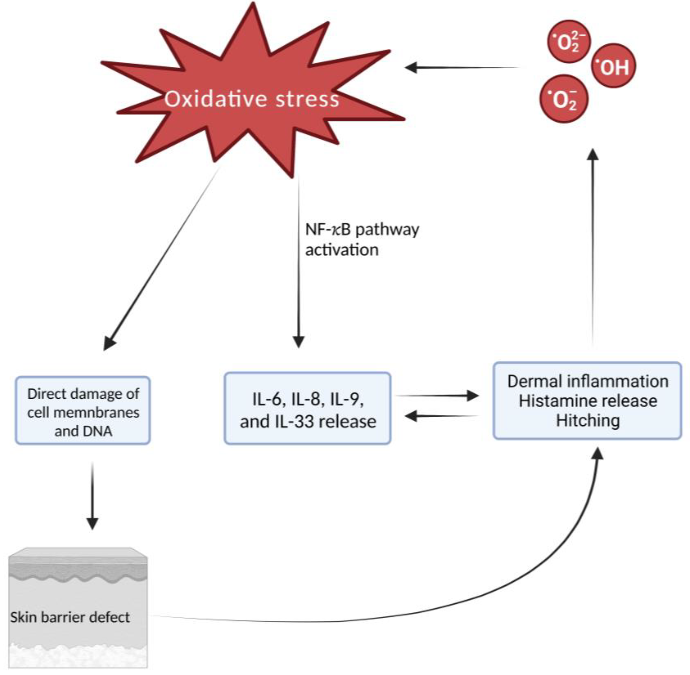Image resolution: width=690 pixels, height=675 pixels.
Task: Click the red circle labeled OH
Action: coord(613,66)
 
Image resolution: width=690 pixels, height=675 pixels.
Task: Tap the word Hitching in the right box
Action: coord(588,421)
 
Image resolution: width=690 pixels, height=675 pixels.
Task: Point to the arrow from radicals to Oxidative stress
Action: coord(461,67)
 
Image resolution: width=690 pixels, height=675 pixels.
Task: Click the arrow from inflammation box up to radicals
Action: coord(592,248)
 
